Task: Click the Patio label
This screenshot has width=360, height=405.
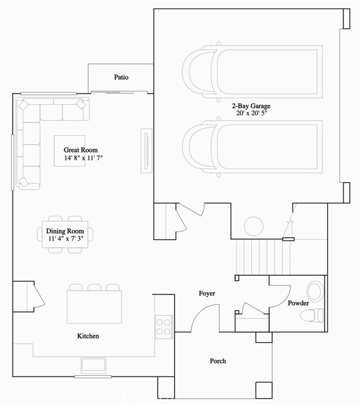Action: click(x=121, y=77)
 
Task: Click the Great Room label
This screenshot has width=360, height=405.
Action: click(x=80, y=150)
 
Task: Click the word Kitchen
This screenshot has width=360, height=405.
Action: click(x=88, y=336)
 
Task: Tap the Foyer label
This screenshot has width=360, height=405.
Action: click(x=206, y=294)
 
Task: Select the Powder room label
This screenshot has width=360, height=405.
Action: click(x=298, y=304)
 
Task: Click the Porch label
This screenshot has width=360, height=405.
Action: click(x=218, y=361)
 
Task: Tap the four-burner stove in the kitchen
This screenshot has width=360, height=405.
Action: click(x=164, y=326)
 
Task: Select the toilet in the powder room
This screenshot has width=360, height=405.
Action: click(x=311, y=315)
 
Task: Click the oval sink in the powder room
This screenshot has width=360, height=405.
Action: click(x=314, y=291)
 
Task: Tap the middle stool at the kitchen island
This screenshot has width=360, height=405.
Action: click(x=94, y=287)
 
